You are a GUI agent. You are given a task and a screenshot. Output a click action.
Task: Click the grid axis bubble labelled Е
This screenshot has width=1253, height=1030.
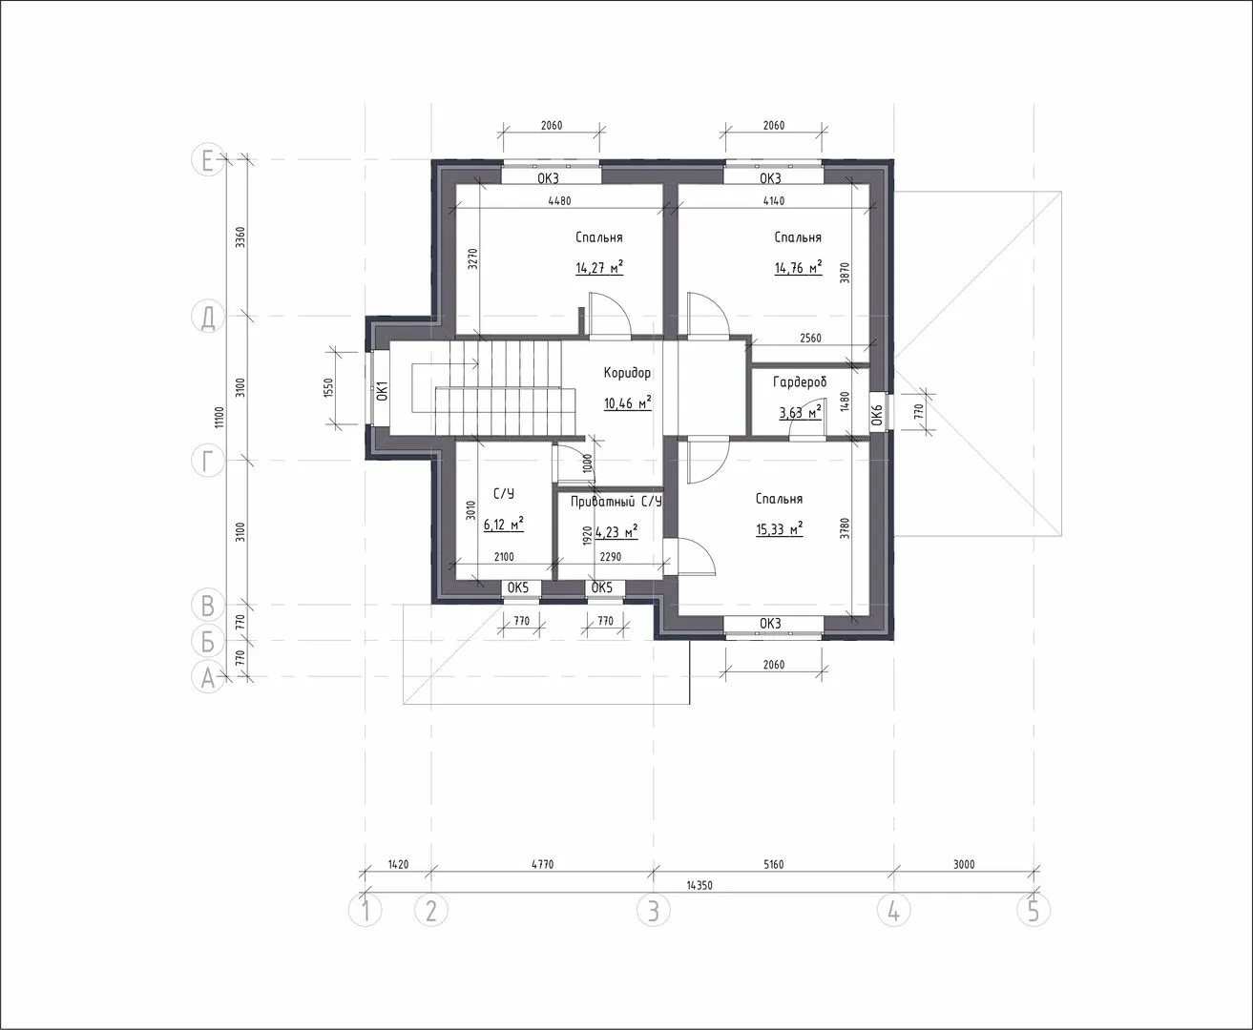207,160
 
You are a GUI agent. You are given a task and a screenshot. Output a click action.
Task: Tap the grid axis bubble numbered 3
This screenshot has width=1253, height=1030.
654,910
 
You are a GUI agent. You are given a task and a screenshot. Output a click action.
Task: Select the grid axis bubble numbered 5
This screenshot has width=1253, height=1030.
1034,910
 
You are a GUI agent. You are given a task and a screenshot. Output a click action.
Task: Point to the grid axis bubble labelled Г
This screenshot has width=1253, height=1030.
207,461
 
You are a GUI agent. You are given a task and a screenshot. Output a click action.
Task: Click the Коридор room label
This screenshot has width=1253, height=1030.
627,373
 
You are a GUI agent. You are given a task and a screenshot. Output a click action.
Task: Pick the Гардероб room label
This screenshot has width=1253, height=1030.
800,381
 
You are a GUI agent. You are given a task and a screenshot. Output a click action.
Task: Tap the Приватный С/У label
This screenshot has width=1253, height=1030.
616,502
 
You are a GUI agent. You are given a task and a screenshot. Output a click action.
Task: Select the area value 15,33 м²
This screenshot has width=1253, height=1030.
780,528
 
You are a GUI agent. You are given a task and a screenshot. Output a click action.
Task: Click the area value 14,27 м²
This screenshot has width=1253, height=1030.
599,267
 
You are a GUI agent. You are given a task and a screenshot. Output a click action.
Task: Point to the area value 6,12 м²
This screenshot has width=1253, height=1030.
504,524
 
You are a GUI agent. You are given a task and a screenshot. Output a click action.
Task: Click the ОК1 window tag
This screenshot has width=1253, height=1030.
382,391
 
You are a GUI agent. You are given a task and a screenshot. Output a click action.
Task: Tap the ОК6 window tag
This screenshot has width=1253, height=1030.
877,414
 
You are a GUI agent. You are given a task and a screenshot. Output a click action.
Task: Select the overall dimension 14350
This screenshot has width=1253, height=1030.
700,885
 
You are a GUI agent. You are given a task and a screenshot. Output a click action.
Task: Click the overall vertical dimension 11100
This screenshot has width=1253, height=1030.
219,417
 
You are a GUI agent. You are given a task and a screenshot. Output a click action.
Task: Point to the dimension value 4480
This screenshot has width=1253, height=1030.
559,200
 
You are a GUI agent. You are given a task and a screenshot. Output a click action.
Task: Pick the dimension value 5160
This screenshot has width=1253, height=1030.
774,864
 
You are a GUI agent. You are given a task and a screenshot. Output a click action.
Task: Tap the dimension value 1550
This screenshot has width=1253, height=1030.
328,388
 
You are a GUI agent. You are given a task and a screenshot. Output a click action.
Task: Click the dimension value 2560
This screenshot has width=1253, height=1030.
810,338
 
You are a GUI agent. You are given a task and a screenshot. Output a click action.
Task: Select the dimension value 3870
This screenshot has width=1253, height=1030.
845,273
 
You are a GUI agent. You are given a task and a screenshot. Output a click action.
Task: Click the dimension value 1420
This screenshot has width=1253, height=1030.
398,864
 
